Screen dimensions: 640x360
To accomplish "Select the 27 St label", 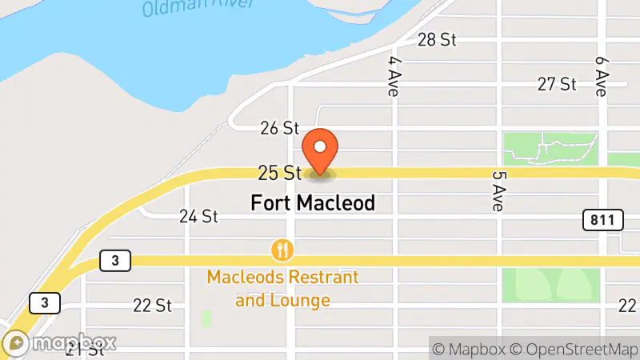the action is (x=557, y=84).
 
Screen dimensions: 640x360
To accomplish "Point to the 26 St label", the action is (x=279, y=128).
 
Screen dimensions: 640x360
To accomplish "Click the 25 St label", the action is (x=279, y=172).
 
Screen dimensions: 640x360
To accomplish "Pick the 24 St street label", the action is (x=198, y=216).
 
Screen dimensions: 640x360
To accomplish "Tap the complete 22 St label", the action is (x=153, y=306).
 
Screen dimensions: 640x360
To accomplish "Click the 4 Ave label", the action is (x=393, y=76).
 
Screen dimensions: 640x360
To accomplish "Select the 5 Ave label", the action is (x=497, y=190).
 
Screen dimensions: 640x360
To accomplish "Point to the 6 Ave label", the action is (x=602, y=76).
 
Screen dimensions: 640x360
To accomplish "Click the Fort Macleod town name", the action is (x=313, y=203).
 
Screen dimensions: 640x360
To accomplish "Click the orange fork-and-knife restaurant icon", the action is (x=282, y=250).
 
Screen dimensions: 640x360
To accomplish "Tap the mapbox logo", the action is (x=61, y=343).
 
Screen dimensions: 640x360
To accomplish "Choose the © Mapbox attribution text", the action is (x=468, y=349).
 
